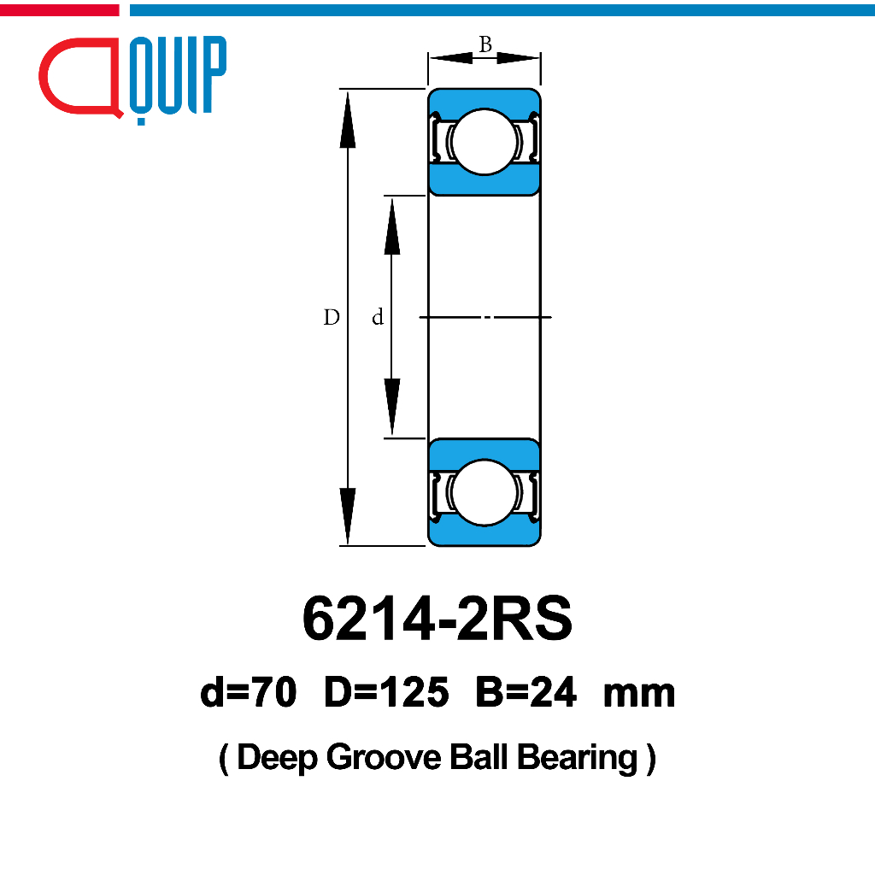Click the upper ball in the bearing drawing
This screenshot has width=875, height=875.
pyautogui.click(x=484, y=142)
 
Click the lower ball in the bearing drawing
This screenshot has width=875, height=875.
pyautogui.click(x=484, y=492)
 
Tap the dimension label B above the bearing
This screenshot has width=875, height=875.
pyautogui.click(x=485, y=44)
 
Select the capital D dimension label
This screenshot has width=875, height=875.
pyautogui.click(x=332, y=317)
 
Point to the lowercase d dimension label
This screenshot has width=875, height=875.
pyautogui.click(x=378, y=317)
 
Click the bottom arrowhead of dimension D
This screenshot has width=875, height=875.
pyautogui.click(x=348, y=515)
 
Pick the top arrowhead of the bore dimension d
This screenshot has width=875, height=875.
pyautogui.click(x=391, y=226)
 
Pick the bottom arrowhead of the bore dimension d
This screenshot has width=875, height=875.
pyautogui.click(x=391, y=407)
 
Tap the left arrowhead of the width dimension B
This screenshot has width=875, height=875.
pyautogui.click(x=451, y=57)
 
